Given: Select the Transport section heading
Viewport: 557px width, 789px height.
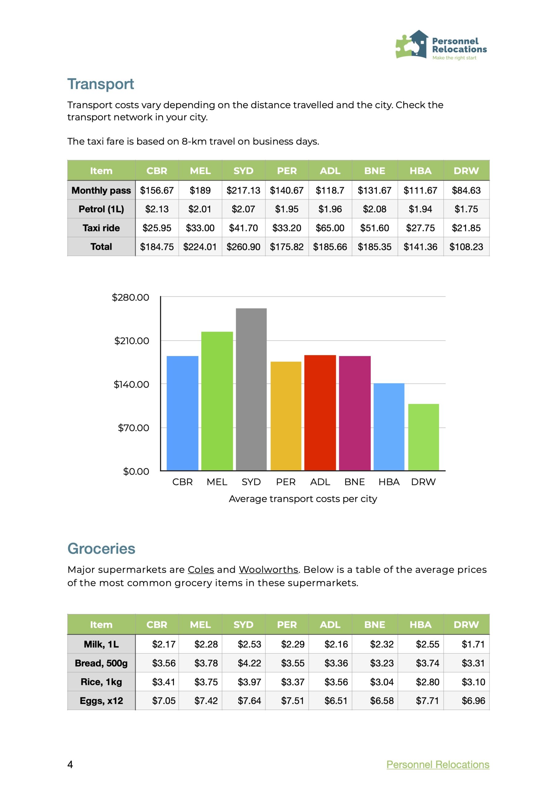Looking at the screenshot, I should [x=100, y=84].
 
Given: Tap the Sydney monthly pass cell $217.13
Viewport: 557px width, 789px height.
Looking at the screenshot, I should [x=243, y=190].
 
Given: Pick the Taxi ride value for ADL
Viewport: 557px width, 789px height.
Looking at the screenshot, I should [x=330, y=228].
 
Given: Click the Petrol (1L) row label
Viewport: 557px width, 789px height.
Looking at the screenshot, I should [x=101, y=209].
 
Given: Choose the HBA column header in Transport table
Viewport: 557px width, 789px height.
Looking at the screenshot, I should [x=420, y=171].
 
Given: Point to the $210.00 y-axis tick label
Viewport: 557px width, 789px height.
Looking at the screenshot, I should [x=131, y=341].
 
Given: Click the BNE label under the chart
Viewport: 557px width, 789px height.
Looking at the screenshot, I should [x=354, y=482].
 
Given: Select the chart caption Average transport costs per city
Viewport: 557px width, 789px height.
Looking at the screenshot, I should [x=303, y=499].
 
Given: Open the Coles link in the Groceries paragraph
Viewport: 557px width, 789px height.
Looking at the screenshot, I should [x=200, y=570].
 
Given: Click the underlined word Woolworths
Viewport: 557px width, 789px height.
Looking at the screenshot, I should [x=268, y=570].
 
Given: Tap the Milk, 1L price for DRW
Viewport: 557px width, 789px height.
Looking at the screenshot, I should [x=473, y=644].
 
